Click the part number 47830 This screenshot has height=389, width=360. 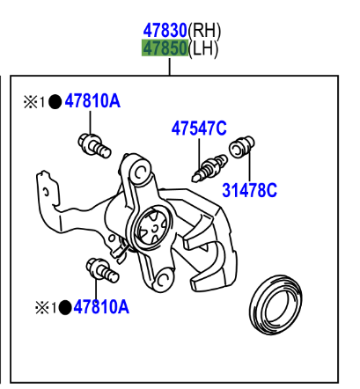165,30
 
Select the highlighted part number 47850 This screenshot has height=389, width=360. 165,48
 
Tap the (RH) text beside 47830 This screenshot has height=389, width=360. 204,31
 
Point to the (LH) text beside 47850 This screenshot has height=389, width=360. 203,48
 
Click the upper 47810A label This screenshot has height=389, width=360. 92,101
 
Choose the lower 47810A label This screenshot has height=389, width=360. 101,307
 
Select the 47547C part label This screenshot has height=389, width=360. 199,128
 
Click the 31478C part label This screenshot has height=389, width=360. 249,190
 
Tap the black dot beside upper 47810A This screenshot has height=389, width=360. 55,102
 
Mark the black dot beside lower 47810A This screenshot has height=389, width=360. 65,308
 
